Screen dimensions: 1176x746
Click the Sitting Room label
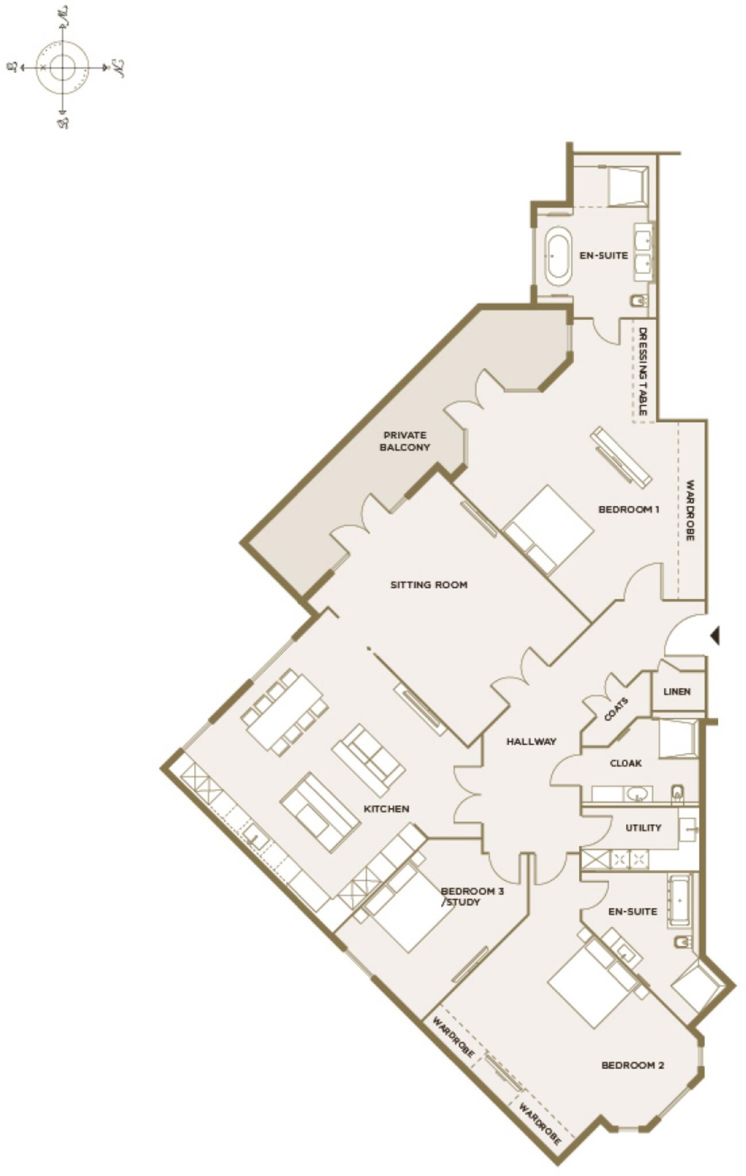coord(428,585)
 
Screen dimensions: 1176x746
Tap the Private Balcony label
coord(405,441)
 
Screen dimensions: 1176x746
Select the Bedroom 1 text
coord(628,509)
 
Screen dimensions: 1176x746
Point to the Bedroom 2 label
coord(632,1065)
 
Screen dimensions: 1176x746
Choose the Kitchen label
coord(386,808)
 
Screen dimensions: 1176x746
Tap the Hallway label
coord(531,741)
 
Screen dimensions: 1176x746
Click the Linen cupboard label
coord(677,691)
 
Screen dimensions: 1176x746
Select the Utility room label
coord(643,827)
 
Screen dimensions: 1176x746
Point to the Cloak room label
coord(625,763)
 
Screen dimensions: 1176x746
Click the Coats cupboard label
coord(616,709)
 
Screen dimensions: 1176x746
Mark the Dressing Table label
coord(643,372)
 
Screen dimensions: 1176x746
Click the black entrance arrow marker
coord(714,636)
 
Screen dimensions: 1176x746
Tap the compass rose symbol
coord(63,67)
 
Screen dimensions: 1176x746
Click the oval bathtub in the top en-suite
coord(558,256)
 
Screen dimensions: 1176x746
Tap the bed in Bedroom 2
coord(592,985)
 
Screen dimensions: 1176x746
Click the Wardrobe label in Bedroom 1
coord(690,510)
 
